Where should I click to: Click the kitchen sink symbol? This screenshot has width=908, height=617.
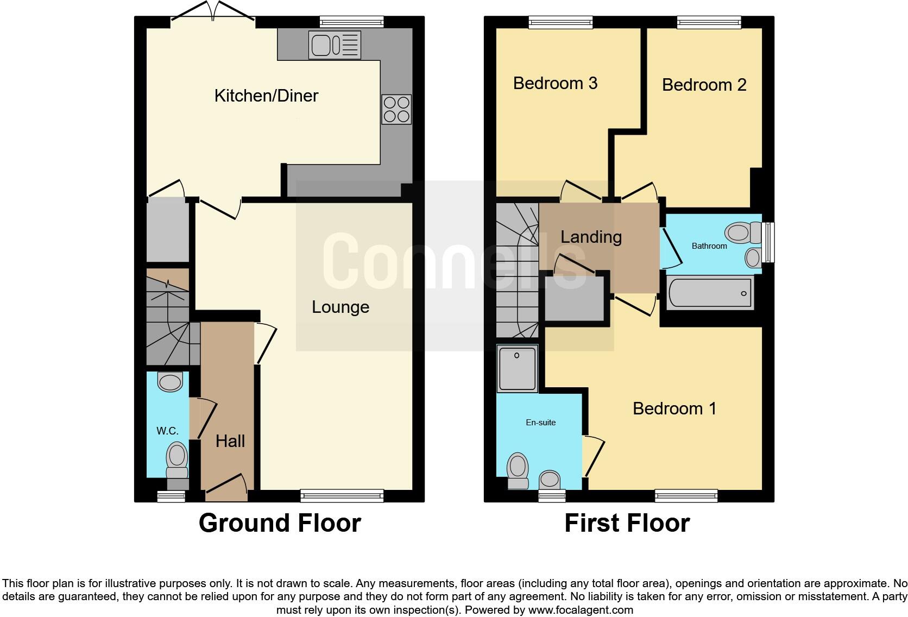(x=334, y=44)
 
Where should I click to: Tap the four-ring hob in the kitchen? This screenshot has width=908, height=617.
(x=396, y=109)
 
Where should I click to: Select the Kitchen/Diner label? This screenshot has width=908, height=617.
(x=266, y=96)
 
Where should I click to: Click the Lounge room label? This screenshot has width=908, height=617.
(x=340, y=307)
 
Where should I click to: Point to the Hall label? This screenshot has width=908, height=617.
(x=230, y=441)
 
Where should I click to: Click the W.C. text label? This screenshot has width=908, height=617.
(x=167, y=431)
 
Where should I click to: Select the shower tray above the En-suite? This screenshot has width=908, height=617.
(x=518, y=369)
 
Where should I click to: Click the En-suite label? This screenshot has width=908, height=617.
(x=540, y=423)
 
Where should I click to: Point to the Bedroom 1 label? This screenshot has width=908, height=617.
(x=674, y=408)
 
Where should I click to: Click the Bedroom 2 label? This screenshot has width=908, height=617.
(x=704, y=85)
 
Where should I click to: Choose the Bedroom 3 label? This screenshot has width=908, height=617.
(x=555, y=83)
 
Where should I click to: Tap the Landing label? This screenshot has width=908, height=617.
(x=591, y=237)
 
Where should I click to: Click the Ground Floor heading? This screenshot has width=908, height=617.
(x=280, y=523)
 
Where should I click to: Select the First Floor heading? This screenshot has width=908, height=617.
(x=627, y=523)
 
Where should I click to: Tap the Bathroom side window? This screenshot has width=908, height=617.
(x=768, y=242)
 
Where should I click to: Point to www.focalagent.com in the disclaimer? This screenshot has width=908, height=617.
(x=581, y=610)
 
